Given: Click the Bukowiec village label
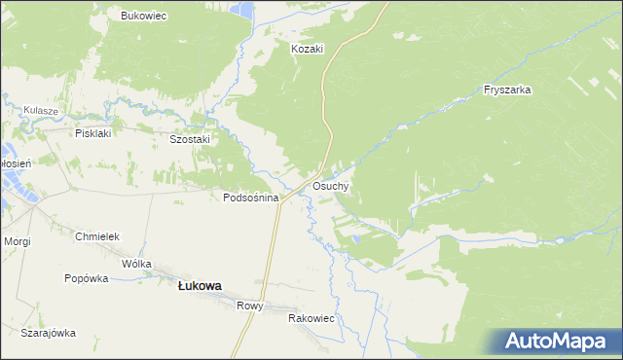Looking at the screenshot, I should pyautogui.click(x=143, y=16).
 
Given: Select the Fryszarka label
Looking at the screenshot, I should pyautogui.click(x=506, y=90).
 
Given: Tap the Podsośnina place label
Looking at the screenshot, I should pyautogui.click(x=251, y=198).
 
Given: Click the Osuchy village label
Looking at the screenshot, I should pyautogui.click(x=331, y=185).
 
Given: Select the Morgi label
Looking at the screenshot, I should pyautogui.click(x=18, y=240).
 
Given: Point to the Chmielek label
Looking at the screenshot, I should pyautogui.click(x=96, y=236).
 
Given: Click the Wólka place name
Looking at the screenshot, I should pyautogui.click(x=136, y=264).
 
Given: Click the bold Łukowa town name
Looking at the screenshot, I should pyautogui.click(x=200, y=286).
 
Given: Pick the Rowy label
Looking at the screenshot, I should pyautogui.click(x=250, y=306).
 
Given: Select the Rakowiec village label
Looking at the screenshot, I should pyautogui.click(x=311, y=318).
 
